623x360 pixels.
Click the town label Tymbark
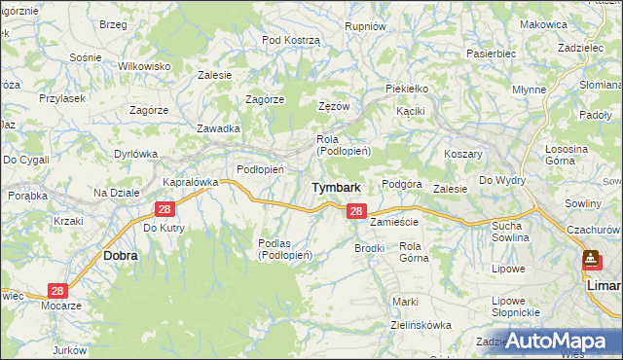[336, 187]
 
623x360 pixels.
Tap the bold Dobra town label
[121, 255]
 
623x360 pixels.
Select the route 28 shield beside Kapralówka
[164, 209]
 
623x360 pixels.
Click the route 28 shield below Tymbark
[356, 211]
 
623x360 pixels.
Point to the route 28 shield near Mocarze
[56, 291]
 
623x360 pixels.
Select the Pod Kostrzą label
[291, 39]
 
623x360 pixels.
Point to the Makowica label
[543, 24]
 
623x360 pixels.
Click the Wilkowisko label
[144, 65]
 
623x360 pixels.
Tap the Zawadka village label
[218, 128]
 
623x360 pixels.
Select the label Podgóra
[401, 184]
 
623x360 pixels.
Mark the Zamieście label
[394, 222]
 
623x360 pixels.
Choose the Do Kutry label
[164, 228]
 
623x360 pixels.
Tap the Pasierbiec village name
[491, 54]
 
